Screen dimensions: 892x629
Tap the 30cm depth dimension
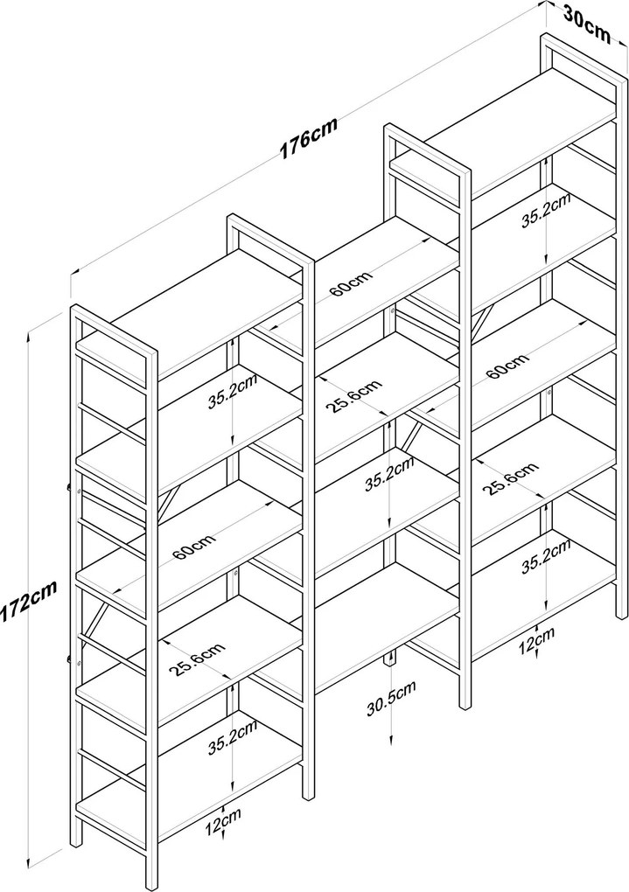click(586, 20)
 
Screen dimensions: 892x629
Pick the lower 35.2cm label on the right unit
click(546, 555)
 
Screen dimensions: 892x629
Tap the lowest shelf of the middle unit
click(385, 612)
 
